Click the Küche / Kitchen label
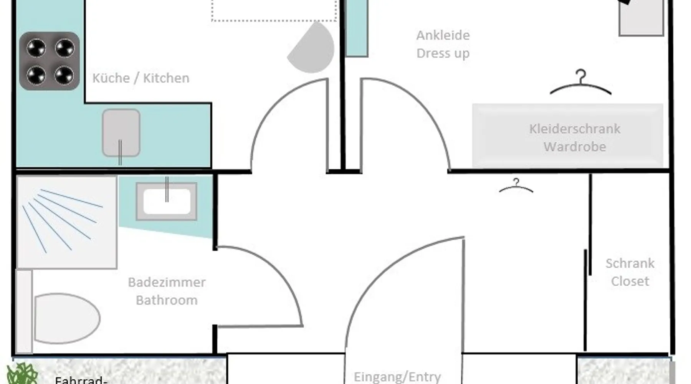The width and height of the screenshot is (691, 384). [x=141, y=78]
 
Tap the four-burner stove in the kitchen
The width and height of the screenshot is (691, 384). [x=50, y=61]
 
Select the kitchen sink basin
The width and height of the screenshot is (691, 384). [x=121, y=133]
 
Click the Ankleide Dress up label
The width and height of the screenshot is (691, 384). [x=443, y=44]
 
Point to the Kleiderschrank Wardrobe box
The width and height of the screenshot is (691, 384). [x=567, y=136]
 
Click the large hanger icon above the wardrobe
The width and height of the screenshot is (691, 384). [x=580, y=82]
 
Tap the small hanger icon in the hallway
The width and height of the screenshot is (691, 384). [x=516, y=185]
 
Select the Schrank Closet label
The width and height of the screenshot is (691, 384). [x=630, y=272]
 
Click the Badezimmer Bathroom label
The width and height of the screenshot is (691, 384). [x=167, y=291]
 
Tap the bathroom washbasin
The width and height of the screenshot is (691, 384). [x=167, y=201]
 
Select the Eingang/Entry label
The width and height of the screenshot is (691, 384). [x=397, y=377]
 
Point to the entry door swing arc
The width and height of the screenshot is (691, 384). [x=378, y=265]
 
